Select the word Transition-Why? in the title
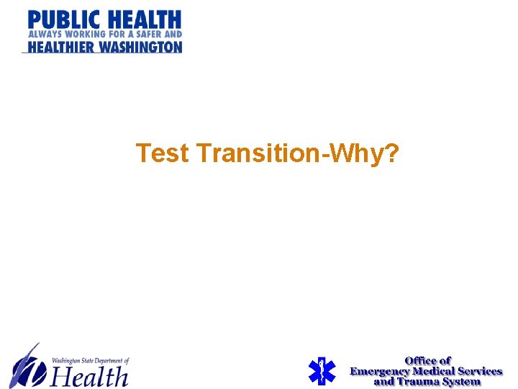(x=295, y=153)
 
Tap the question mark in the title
(x=391, y=153)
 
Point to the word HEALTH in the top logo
(x=145, y=19)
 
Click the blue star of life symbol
(x=322, y=370)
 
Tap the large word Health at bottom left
(x=89, y=375)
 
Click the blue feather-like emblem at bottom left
(x=27, y=365)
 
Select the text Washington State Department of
(x=91, y=360)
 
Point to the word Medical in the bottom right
(x=434, y=371)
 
